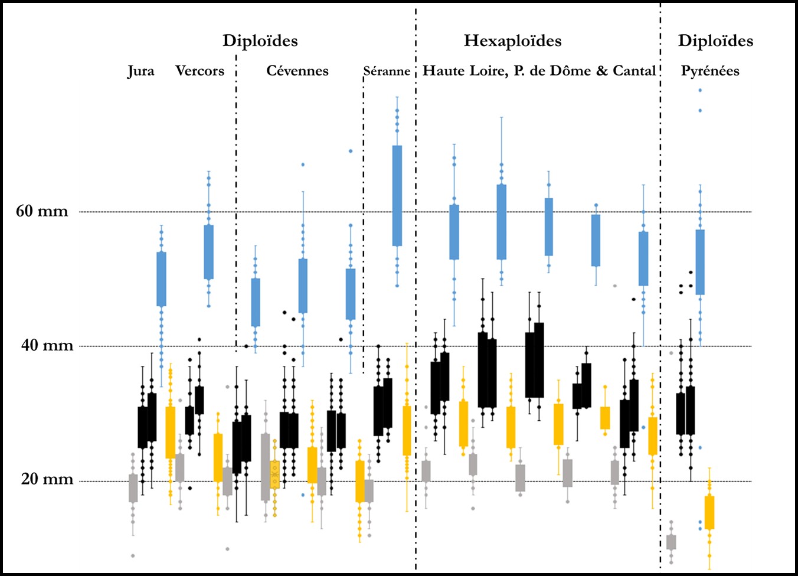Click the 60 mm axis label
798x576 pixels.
(x=42, y=211)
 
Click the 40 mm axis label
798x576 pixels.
(x=47, y=345)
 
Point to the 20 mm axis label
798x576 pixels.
(x=47, y=479)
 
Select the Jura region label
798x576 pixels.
(x=141, y=71)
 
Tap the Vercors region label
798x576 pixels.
(x=199, y=71)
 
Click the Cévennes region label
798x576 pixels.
(x=297, y=71)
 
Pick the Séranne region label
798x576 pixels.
(x=387, y=71)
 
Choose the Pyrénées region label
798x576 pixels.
(x=710, y=71)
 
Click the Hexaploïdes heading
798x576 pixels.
(x=512, y=41)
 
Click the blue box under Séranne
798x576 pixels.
(x=397, y=195)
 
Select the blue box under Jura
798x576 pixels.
(x=161, y=279)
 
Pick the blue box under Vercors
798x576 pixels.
(x=208, y=251)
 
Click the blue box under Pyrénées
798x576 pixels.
(x=700, y=261)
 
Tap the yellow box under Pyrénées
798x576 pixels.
(x=709, y=512)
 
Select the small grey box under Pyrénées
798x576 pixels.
(x=671, y=542)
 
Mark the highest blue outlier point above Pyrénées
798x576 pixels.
(x=700, y=90)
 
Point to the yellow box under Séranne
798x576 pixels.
(x=407, y=430)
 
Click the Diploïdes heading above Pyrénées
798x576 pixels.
(x=715, y=41)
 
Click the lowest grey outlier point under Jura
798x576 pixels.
(x=133, y=555)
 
